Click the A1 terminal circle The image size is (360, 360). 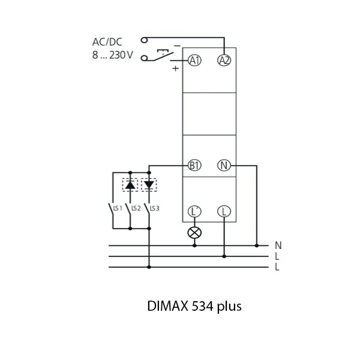(x=194, y=60)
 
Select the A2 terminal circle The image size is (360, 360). (x=224, y=60)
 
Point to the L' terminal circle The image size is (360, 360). (x=194, y=211)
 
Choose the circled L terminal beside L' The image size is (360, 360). (x=224, y=211)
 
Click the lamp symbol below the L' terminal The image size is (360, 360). (x=194, y=232)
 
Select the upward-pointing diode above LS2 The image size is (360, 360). (x=130, y=184)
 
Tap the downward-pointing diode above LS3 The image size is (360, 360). (x=148, y=184)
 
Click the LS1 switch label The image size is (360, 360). (x=118, y=208)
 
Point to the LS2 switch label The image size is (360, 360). (x=136, y=208)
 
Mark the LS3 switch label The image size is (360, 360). (x=154, y=208)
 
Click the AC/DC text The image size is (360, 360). (x=106, y=42)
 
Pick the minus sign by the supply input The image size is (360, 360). (x=176, y=46)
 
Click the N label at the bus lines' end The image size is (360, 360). (x=277, y=245)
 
